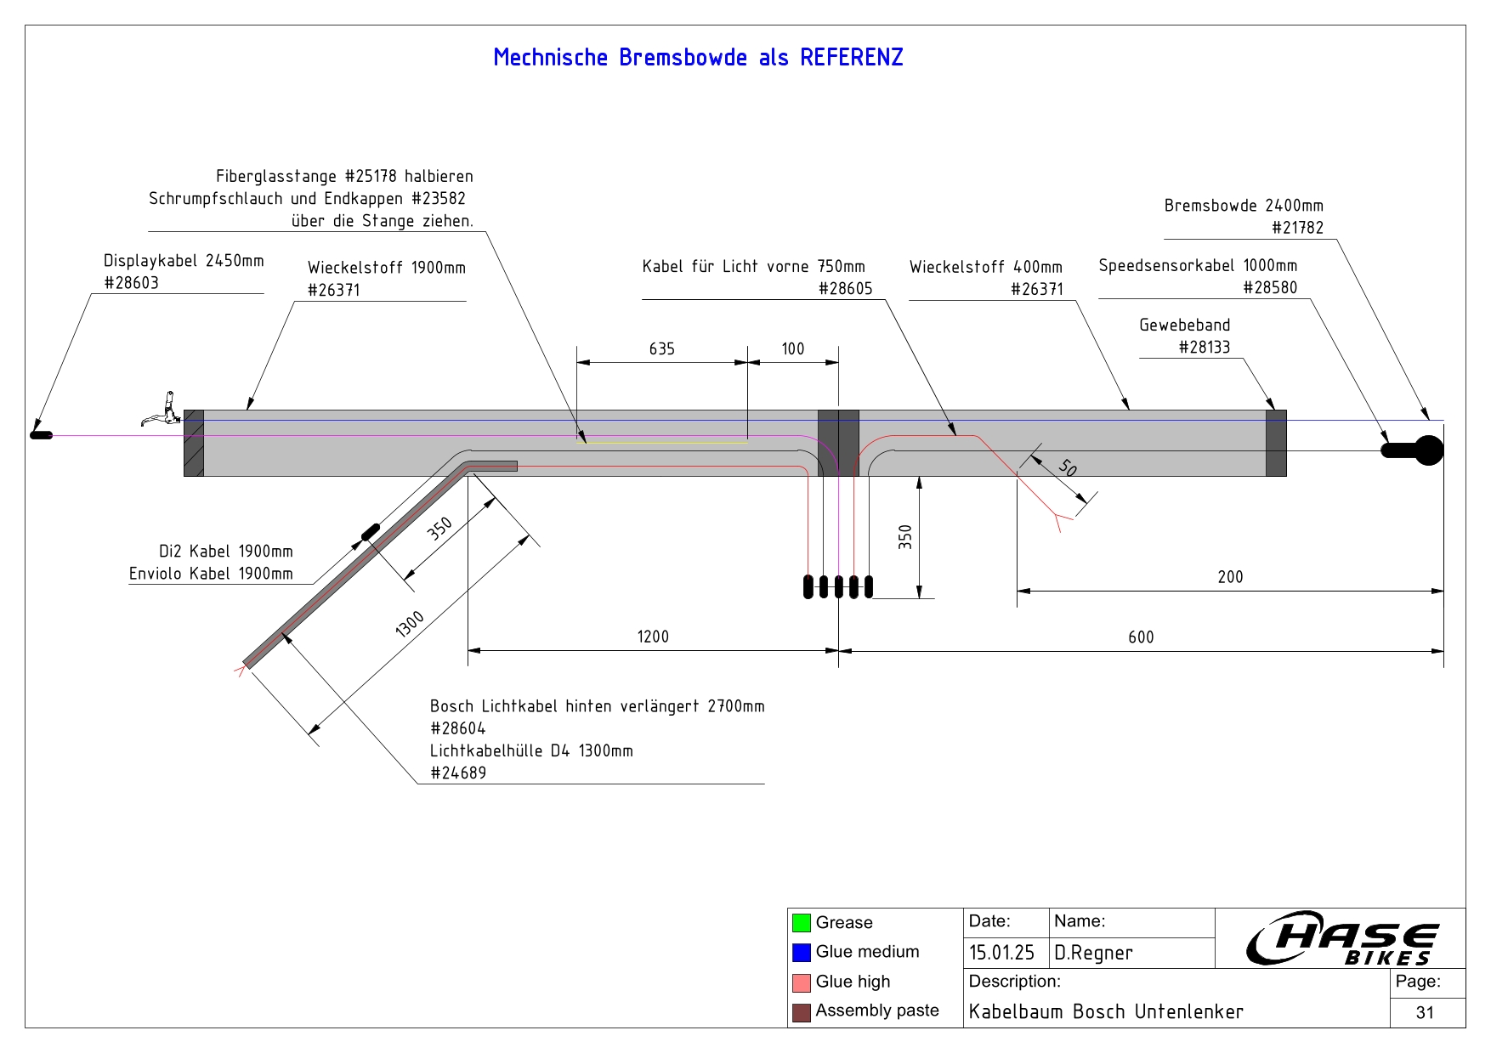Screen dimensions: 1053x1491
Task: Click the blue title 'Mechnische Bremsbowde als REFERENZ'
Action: click(x=698, y=58)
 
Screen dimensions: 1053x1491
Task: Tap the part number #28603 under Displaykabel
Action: click(x=131, y=283)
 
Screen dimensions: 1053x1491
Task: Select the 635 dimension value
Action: click(x=661, y=348)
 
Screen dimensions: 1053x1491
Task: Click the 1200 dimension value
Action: click(x=653, y=637)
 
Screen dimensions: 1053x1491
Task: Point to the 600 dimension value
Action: click(x=1141, y=637)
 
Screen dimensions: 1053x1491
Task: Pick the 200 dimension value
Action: click(x=1230, y=577)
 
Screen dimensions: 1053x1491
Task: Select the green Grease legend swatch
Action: click(x=801, y=923)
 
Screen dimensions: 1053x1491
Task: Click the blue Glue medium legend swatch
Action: click(x=801, y=952)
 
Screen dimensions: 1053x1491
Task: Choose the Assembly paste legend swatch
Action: click(x=801, y=1012)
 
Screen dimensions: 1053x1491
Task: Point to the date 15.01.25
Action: click(x=1001, y=953)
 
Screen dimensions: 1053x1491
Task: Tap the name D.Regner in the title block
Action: click(x=1093, y=953)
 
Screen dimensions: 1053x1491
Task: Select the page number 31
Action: click(x=1426, y=1012)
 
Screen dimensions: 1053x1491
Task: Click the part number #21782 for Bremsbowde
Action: click(x=1297, y=228)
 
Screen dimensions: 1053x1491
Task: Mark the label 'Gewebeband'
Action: click(x=1184, y=325)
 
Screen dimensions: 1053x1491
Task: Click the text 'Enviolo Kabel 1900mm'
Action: click(x=211, y=574)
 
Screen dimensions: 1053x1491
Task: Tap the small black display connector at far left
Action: click(x=41, y=435)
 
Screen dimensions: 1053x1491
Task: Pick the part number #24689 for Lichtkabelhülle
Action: click(x=458, y=773)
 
